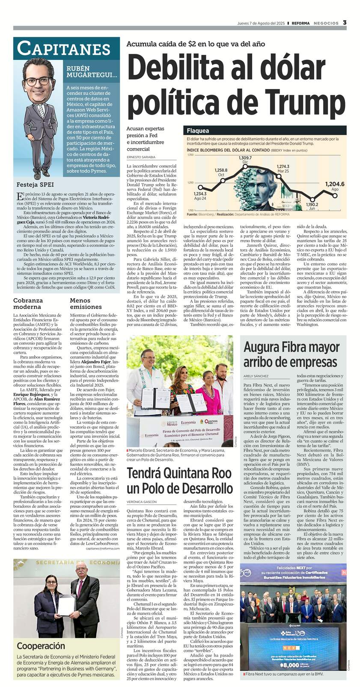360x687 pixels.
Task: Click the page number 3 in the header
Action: pos(345,23)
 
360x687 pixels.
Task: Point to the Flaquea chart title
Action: pos(198,131)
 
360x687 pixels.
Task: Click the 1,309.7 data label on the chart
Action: pos(245,158)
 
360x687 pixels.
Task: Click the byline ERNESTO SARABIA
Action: pos(141,157)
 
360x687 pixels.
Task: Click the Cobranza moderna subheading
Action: pos(28,303)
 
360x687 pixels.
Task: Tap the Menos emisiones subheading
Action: pos(86,303)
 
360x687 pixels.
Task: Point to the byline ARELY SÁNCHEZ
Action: pos(256,376)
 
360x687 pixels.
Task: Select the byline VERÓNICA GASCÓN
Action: pos(142,502)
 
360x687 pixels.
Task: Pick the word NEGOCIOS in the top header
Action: pos(326,23)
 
